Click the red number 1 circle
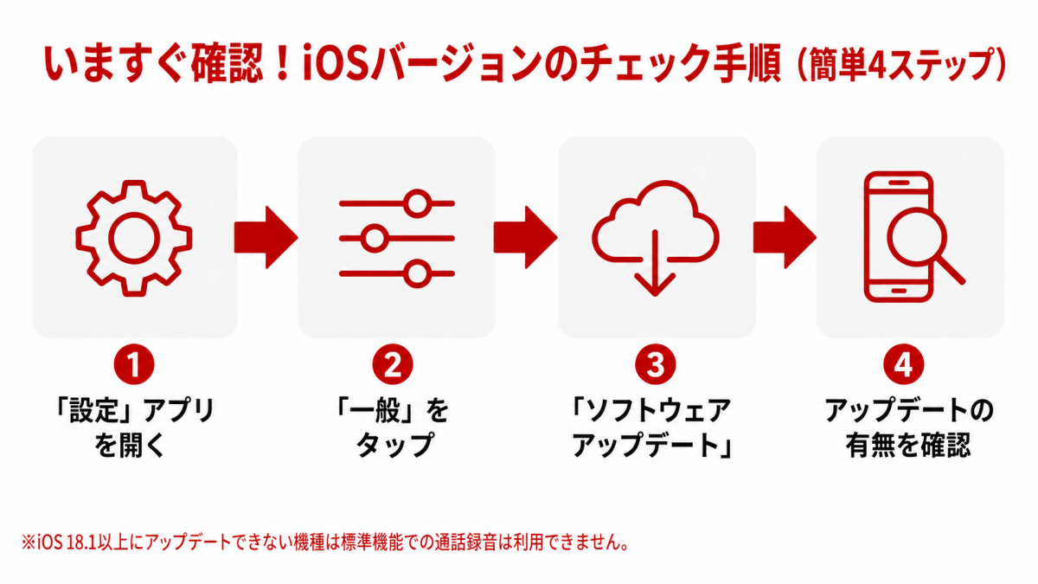coord(134,364)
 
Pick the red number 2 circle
coord(393,364)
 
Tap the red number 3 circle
coord(656,364)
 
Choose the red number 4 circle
coord(904,364)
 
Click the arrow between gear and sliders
coord(266,237)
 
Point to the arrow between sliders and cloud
coord(526,237)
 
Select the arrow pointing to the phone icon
coord(785,237)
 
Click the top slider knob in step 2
coord(417,203)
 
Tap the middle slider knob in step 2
coord(375,239)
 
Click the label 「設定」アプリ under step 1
coord(134,410)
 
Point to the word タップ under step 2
coord(394,445)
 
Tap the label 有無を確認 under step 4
coord(908,446)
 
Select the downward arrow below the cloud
coord(656,263)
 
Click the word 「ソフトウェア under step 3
coord(650,410)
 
